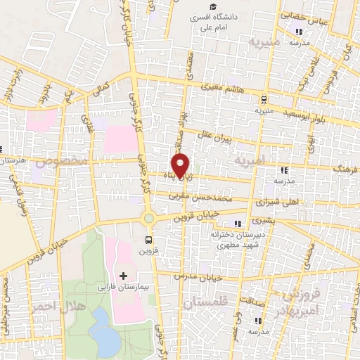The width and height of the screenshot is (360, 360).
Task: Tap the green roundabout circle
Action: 149,218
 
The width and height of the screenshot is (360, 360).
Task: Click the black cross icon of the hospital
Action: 124,274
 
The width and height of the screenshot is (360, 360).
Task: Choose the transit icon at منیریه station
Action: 264,100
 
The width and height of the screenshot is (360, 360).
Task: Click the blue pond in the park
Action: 106,332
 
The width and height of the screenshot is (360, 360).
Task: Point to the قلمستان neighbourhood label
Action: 206,303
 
